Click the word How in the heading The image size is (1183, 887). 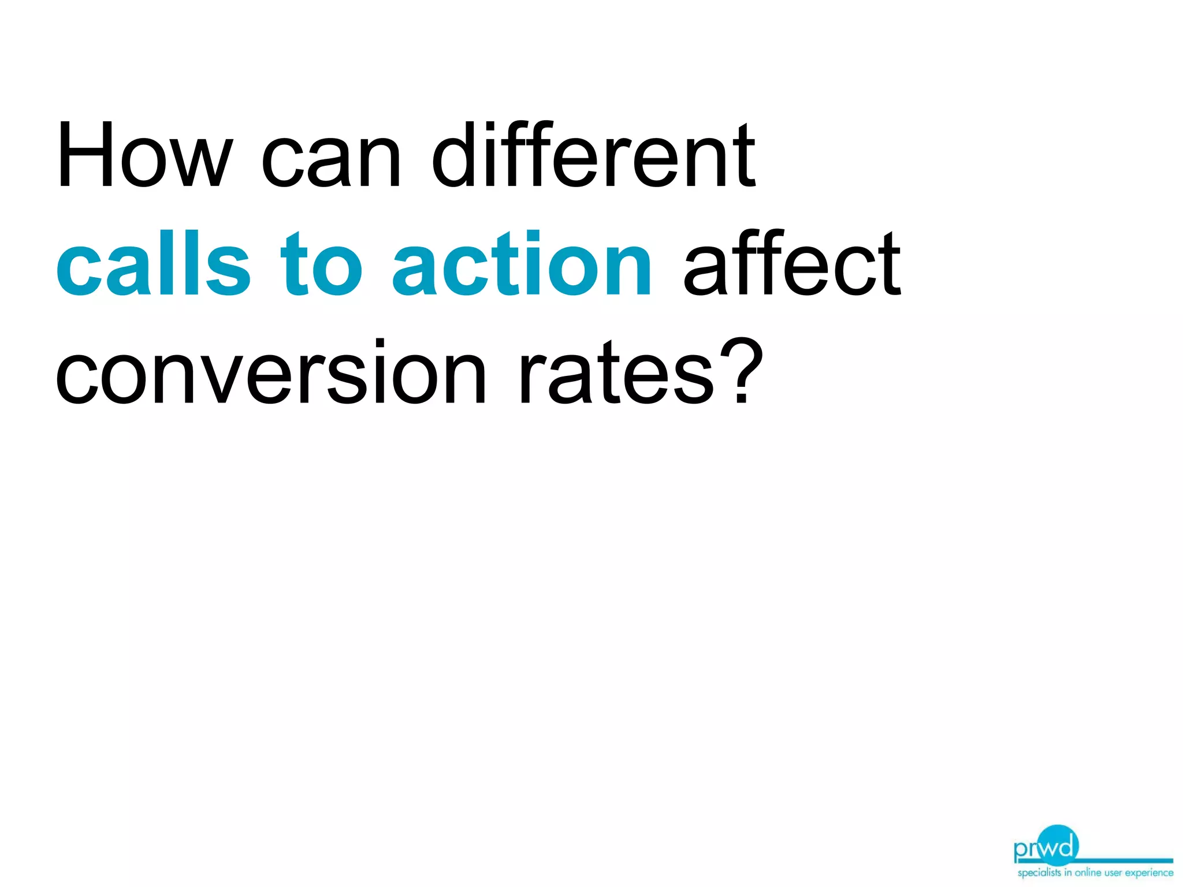(x=144, y=155)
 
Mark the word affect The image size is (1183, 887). (x=791, y=263)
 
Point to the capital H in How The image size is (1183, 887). (x=84, y=155)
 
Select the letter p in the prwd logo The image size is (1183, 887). (x=1021, y=851)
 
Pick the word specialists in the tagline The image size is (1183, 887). (x=1039, y=873)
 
